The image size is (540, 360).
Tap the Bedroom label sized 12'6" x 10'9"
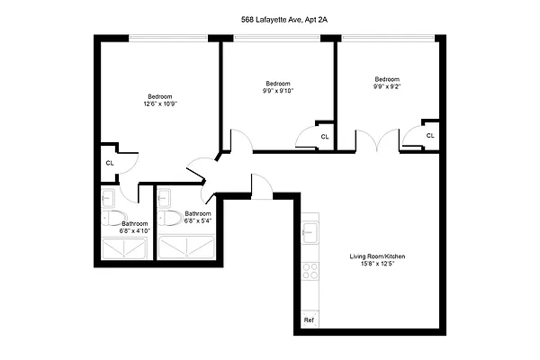(159, 101)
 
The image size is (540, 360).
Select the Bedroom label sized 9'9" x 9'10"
(278, 87)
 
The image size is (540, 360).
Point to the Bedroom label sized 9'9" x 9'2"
(387, 82)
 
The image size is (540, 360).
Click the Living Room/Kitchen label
(372, 261)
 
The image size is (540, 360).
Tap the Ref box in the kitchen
(309, 320)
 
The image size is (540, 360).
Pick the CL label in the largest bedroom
(110, 163)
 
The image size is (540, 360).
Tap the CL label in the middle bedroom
(324, 137)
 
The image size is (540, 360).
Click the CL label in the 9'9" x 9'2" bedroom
(430, 136)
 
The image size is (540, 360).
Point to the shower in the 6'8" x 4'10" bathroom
(125, 247)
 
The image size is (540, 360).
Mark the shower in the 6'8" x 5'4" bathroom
(186, 247)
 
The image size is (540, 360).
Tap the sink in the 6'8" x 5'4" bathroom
(166, 195)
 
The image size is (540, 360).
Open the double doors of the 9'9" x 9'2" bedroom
(376, 142)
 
